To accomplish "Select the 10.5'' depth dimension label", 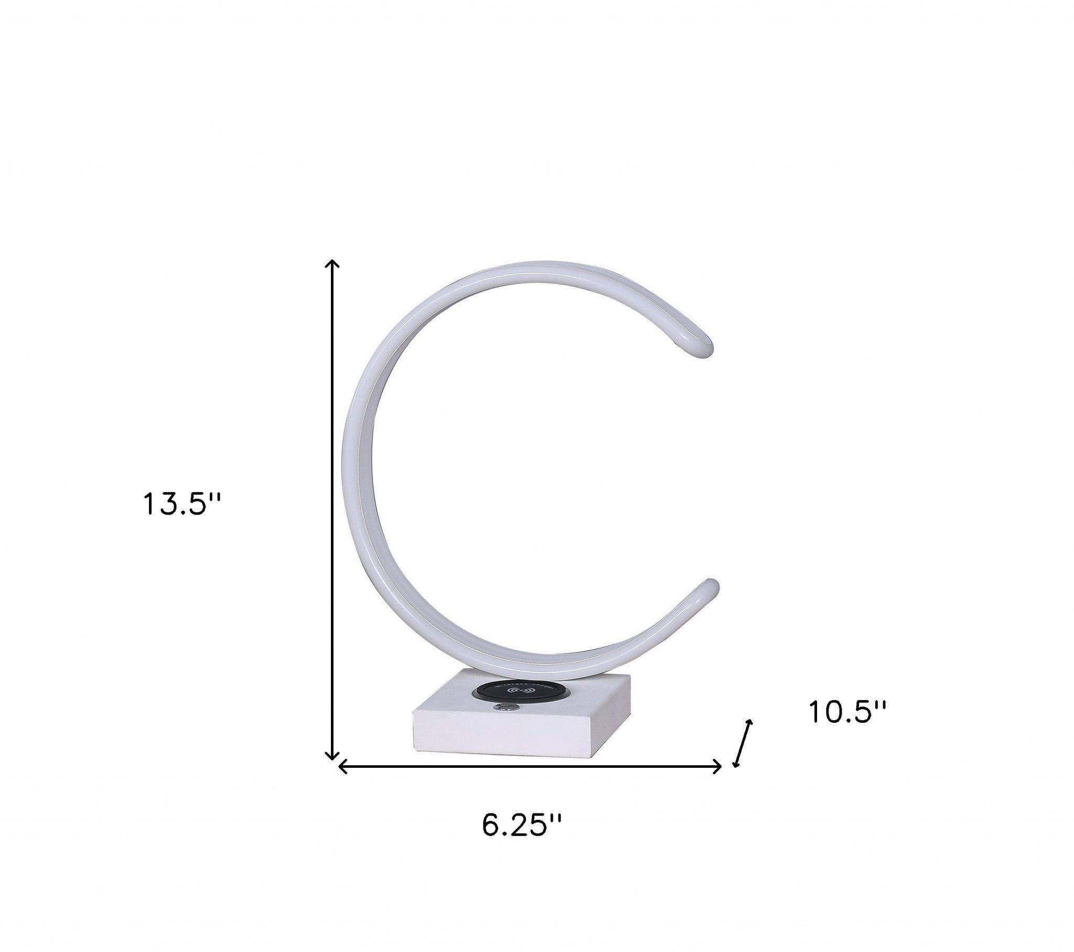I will point(847,712).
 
